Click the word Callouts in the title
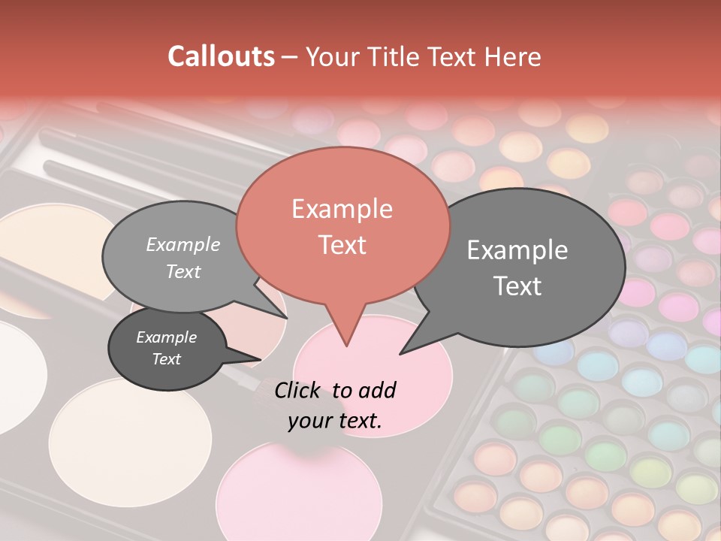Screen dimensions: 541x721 point(221,56)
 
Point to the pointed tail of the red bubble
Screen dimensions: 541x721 point(346,342)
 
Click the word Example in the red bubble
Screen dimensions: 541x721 point(342,209)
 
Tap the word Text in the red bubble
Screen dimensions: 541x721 point(342,245)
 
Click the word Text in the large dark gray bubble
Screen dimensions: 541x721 point(517,286)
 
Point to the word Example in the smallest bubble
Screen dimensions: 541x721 point(167,337)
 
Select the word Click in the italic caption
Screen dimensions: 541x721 point(299,390)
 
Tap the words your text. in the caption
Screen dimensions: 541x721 point(335,421)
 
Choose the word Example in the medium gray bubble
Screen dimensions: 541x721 point(183,244)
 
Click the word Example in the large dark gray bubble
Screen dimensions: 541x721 point(517,250)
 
